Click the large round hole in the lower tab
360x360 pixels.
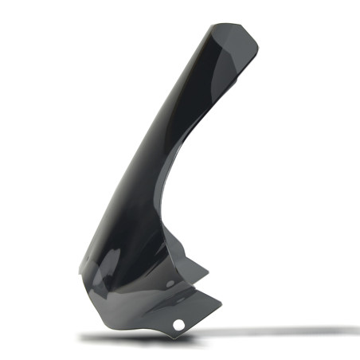[x=179, y=325]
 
